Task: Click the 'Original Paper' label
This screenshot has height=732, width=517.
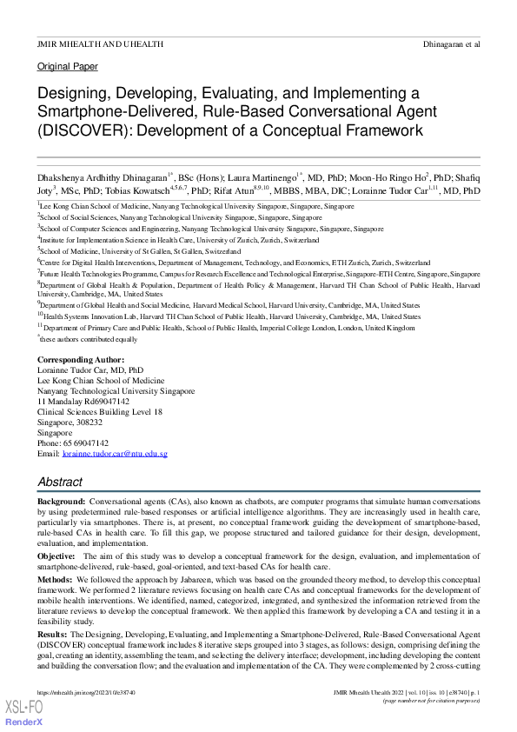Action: [68, 66]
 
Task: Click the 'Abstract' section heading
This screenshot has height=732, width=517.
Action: [60, 482]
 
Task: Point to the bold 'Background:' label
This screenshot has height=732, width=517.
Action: [61, 503]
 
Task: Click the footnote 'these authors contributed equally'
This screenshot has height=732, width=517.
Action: [89, 339]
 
